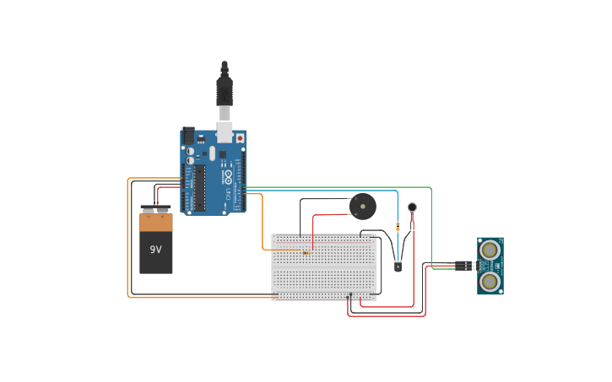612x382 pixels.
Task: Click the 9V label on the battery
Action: pos(155,250)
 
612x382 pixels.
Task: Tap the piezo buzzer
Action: pos(363,205)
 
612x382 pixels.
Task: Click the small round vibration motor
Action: pos(412,207)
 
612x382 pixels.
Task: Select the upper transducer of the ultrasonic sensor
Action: pos(490,249)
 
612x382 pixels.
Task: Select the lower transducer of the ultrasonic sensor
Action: pos(490,280)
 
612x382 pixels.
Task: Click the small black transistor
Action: pos(398,266)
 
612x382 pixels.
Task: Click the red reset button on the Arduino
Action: pos(240,137)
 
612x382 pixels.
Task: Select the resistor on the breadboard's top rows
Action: pos(306,250)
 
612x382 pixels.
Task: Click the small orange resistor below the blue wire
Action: pos(398,226)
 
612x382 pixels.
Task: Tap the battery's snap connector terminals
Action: pos(155,209)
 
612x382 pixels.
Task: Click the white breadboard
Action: pos(323,267)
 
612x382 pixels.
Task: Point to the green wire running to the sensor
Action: pos(431,219)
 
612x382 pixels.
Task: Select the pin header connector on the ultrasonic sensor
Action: pos(463,266)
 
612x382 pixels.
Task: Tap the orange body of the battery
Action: pos(155,223)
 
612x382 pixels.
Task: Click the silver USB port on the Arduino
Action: pos(225,131)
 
